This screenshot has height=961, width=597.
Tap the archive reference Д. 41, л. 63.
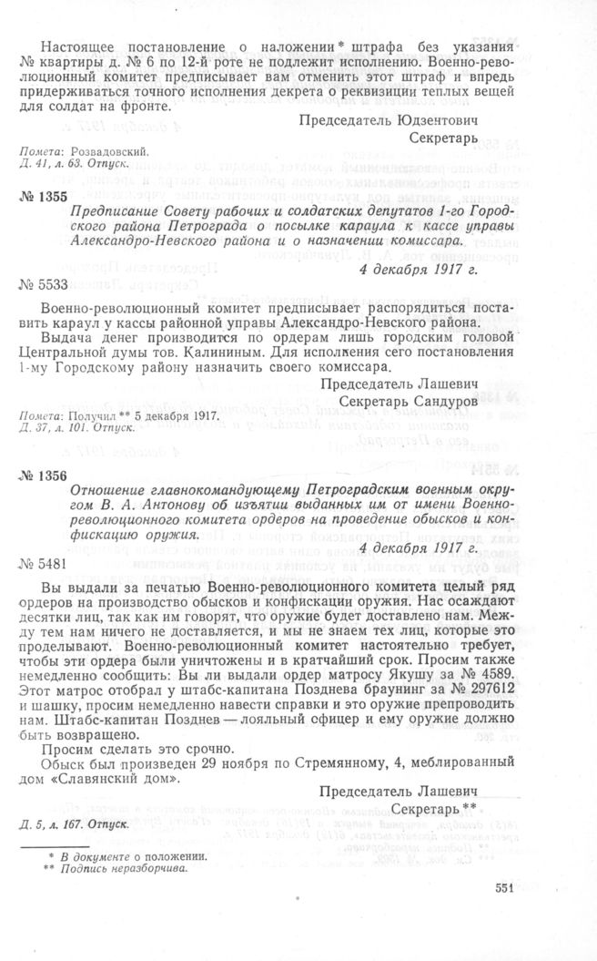51,165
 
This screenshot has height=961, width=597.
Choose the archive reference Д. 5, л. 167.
51,826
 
